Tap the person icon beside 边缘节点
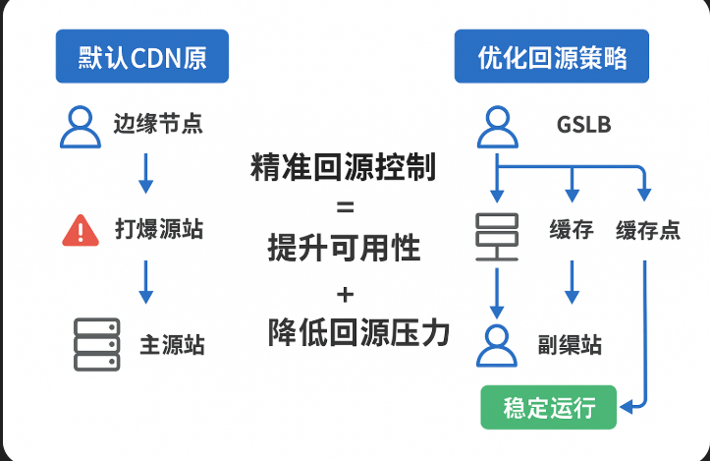tap(81, 126)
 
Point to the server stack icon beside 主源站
tap(96, 344)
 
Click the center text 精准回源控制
tap(344, 167)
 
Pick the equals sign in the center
tap(344, 208)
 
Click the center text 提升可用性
tap(344, 249)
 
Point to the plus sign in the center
tap(344, 294)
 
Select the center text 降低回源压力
tap(358, 332)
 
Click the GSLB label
tap(583, 126)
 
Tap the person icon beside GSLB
tap(498, 126)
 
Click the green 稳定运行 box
tap(548, 407)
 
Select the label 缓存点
tap(648, 232)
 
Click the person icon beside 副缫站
tap(497, 345)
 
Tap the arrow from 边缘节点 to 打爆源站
tap(145, 173)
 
